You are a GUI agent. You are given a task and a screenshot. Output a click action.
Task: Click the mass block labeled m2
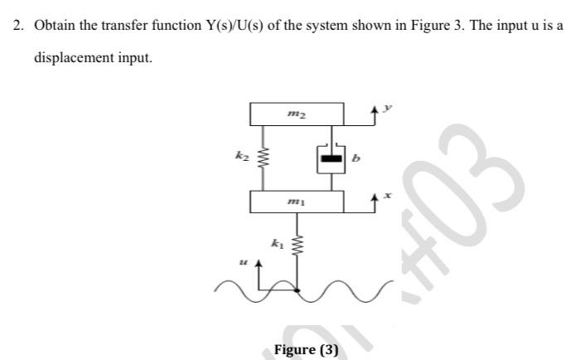tap(296, 114)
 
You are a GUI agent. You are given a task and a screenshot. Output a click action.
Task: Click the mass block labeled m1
tap(296, 201)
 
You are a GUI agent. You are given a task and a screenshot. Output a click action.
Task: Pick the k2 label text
tap(241, 154)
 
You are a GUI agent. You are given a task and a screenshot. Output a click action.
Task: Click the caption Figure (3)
tap(306, 349)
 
